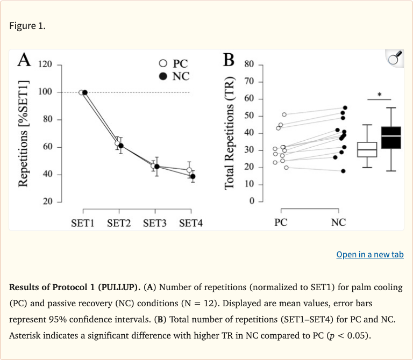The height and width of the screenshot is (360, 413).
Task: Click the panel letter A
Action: pos(24,60)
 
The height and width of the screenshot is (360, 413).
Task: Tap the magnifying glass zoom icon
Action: pos(395,59)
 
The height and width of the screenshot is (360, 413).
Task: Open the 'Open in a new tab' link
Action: pos(369,254)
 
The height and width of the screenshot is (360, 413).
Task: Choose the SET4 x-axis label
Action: pos(190,222)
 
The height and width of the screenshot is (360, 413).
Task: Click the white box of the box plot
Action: pos(367,149)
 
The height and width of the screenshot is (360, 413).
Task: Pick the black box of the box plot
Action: pos(390,138)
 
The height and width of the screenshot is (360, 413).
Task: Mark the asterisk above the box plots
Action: pos(379,95)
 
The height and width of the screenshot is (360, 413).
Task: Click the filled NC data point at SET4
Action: pos(193,176)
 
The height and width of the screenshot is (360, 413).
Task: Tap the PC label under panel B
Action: pos(281,222)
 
